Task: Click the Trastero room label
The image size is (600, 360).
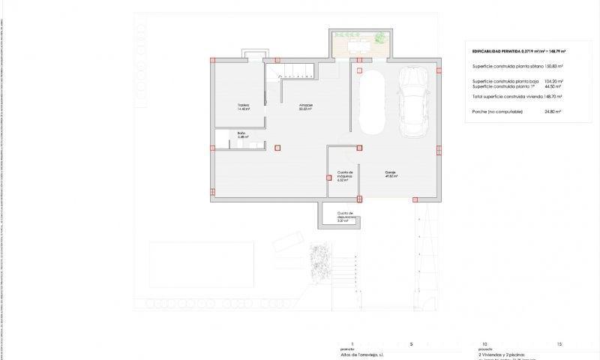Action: pyautogui.click(x=242, y=105)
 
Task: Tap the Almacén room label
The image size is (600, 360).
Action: pyautogui.click(x=306, y=106)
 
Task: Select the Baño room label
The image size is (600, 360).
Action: pyautogui.click(x=242, y=134)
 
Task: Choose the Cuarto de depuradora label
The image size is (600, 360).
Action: pyautogui.click(x=344, y=217)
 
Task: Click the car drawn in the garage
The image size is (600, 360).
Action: pyautogui.click(x=412, y=102)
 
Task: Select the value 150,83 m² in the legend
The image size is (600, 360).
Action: pyautogui.click(x=550, y=67)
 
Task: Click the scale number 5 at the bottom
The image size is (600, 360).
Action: pyautogui.click(x=411, y=343)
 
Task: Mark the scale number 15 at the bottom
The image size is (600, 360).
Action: pyautogui.click(x=559, y=343)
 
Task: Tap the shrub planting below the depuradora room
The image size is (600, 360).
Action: pyautogui.click(x=320, y=262)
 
